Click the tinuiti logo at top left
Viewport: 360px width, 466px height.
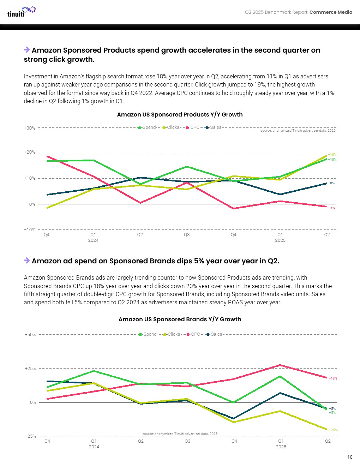point(21,12)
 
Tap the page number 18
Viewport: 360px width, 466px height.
point(349,457)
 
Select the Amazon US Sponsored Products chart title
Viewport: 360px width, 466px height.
point(180,115)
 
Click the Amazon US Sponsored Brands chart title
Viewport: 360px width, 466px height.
point(180,319)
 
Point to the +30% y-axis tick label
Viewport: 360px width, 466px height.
point(30,128)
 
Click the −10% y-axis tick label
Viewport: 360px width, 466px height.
point(30,230)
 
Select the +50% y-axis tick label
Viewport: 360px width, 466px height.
point(30,335)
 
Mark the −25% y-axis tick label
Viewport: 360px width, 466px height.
point(30,436)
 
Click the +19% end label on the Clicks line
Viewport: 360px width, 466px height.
point(332,155)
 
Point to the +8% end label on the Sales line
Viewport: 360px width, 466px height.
point(331,183)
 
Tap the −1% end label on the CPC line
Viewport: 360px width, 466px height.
point(331,208)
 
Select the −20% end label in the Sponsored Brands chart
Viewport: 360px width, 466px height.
point(333,430)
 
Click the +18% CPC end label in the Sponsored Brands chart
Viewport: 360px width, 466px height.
point(332,378)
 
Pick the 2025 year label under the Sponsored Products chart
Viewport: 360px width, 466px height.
point(280,240)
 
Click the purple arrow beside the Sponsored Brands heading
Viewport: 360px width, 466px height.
point(27,261)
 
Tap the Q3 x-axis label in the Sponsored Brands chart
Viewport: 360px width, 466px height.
point(187,441)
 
